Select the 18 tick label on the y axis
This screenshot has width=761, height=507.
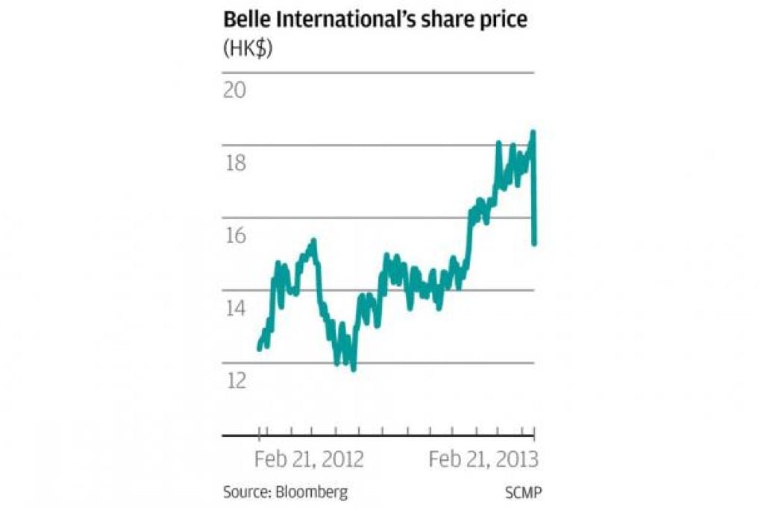pos(235,163)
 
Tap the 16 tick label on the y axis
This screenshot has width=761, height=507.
pos(235,235)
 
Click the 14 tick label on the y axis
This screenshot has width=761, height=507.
pos(235,308)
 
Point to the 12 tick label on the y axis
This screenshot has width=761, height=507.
pos(235,380)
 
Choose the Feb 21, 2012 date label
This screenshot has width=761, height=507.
pos(309,459)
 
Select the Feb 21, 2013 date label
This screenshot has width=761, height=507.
pos(483,459)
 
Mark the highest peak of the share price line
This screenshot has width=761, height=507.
pos(533,133)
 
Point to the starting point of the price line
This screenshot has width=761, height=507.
pos(259,347)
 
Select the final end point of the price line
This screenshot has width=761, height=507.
pos(535,242)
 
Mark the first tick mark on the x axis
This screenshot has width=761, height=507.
pos(259,435)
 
